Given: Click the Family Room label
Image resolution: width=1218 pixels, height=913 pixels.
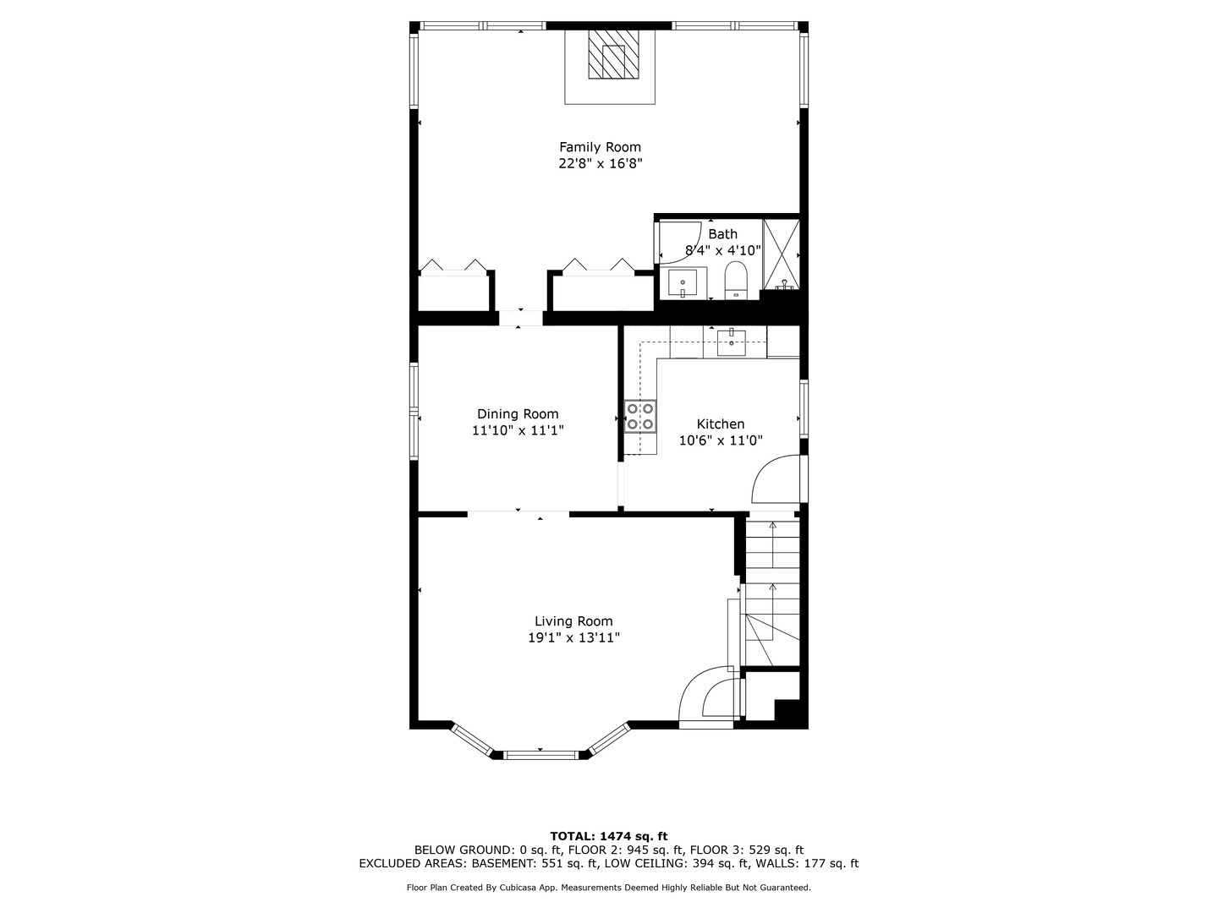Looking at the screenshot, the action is tap(600, 147).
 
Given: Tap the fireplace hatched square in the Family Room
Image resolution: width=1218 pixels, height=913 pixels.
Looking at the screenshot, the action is tap(613, 54).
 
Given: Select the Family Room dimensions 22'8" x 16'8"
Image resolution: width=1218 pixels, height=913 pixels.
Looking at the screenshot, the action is tap(601, 163).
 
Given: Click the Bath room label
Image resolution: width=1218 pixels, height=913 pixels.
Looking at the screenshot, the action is tap(722, 234).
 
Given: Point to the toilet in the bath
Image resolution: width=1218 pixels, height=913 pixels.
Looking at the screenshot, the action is tap(736, 280).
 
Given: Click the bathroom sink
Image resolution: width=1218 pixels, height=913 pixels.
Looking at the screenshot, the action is tap(683, 283).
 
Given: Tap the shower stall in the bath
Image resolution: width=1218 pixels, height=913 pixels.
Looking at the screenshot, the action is tap(782, 254).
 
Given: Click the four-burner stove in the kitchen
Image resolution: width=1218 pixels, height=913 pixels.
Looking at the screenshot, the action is tap(639, 416).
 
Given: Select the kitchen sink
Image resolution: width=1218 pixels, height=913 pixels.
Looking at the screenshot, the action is tap(732, 342).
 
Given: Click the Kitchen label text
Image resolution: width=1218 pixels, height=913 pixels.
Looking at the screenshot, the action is tap(721, 424).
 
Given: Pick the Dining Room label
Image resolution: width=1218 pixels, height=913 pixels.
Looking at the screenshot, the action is tap(518, 414).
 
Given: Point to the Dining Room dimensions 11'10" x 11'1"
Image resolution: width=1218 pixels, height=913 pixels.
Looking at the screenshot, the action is tap(518, 430).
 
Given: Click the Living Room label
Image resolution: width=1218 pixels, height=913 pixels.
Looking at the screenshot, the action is tap(573, 621).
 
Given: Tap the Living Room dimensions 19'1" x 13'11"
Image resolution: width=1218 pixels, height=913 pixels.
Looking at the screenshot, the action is tap(573, 638).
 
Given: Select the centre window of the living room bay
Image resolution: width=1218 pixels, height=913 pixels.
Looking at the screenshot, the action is tap(540, 754).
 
